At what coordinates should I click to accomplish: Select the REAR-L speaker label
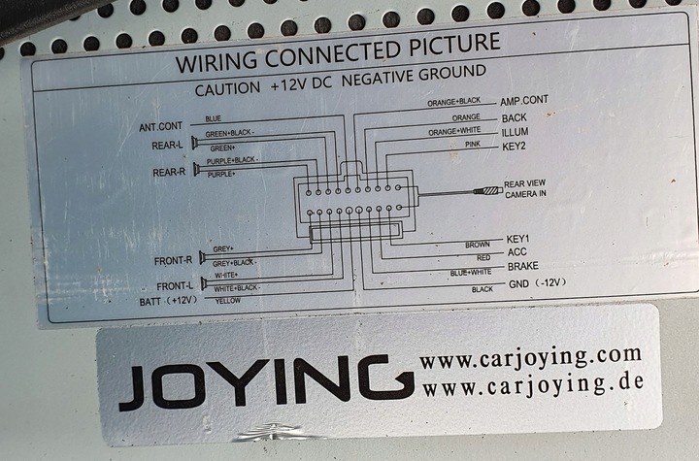(x=167, y=146)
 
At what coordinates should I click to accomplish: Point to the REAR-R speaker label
(x=168, y=173)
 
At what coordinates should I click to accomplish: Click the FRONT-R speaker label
(x=173, y=261)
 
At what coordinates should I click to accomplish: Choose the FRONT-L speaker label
(x=174, y=285)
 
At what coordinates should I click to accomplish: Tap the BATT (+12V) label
(x=168, y=301)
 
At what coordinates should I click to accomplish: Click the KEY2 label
(x=514, y=147)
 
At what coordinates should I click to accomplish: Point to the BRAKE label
(x=522, y=266)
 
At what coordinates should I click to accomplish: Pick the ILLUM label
(x=516, y=132)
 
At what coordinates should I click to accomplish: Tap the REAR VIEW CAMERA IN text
(x=525, y=188)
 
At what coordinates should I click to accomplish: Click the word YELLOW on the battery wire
(x=227, y=301)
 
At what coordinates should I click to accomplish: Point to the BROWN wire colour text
(x=477, y=245)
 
